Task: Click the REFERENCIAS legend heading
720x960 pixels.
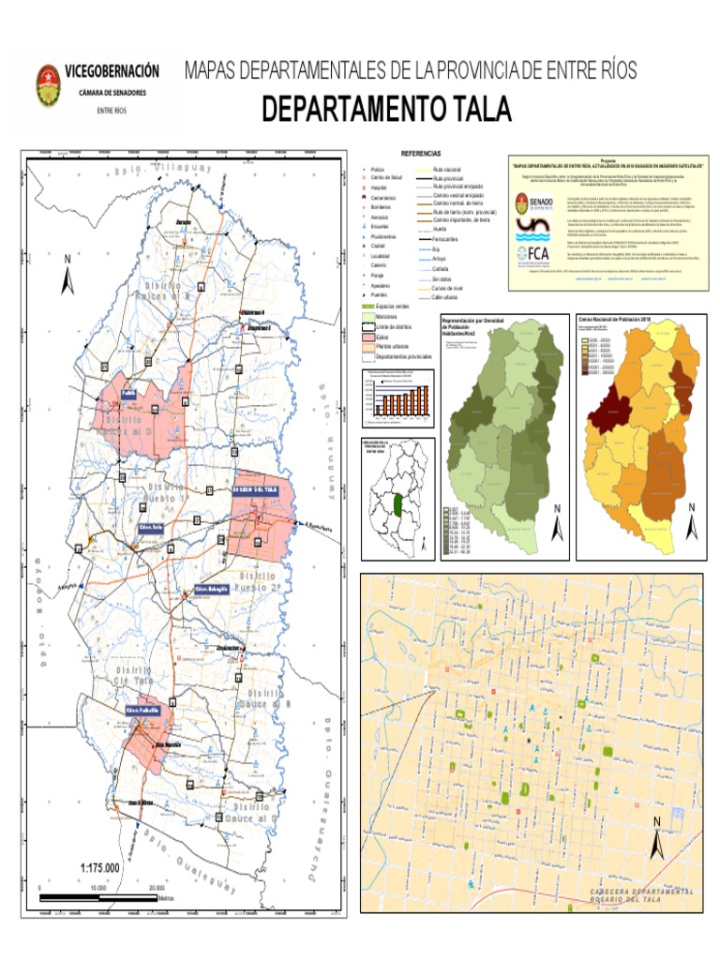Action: click(421, 153)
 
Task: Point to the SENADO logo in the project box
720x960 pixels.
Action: click(534, 203)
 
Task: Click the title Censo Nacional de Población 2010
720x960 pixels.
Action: click(615, 319)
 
